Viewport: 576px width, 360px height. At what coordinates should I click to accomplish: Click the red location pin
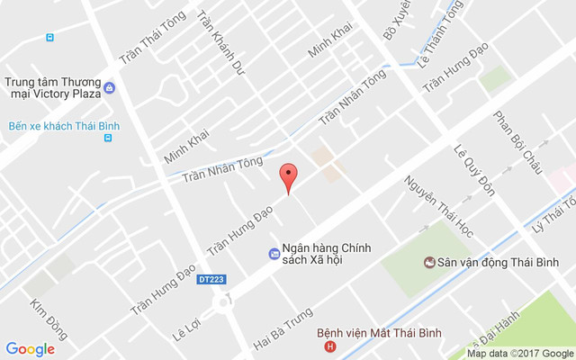pos(288,177)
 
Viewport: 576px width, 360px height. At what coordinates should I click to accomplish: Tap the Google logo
pos(31,349)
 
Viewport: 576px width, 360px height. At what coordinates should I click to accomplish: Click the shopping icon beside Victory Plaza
pos(109,87)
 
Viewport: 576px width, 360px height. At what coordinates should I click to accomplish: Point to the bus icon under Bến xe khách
pos(109,139)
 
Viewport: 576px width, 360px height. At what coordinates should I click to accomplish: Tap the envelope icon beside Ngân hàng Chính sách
pos(274,254)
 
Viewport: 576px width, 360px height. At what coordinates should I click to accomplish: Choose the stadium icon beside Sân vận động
pos(430,262)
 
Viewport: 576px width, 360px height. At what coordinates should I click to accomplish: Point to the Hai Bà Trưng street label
pos(283,328)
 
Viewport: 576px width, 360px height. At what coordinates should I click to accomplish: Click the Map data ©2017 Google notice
pos(519,353)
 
